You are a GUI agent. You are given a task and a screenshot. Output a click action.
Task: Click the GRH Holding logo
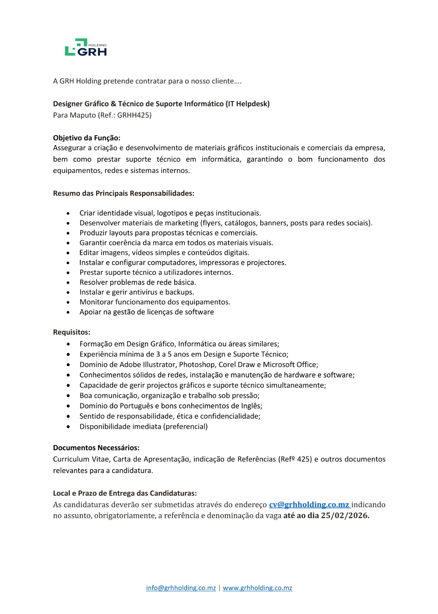pos(86,47)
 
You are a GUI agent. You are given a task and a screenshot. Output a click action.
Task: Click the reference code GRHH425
pos(134,115)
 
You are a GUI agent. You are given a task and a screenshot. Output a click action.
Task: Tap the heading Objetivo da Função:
pos(86,138)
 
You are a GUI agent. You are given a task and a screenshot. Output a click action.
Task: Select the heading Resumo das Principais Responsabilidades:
pos(123,194)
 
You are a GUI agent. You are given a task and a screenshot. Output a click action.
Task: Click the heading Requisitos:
pos(71,332)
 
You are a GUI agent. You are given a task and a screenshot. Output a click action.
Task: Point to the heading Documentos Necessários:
pos(96,448)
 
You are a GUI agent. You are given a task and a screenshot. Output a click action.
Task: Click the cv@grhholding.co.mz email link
pos(309,505)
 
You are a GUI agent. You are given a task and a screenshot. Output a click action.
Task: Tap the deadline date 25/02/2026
pos(345,516)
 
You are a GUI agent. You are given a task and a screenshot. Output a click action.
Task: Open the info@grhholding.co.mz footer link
pos(181,588)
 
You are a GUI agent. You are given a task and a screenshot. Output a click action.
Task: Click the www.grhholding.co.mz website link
pos(257,588)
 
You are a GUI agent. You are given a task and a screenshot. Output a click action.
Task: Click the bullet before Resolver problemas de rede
pos(68,283)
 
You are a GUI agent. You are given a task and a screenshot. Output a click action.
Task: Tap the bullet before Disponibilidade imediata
pos(68,427)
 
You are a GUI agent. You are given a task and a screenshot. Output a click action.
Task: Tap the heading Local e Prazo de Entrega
pos(125,493)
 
